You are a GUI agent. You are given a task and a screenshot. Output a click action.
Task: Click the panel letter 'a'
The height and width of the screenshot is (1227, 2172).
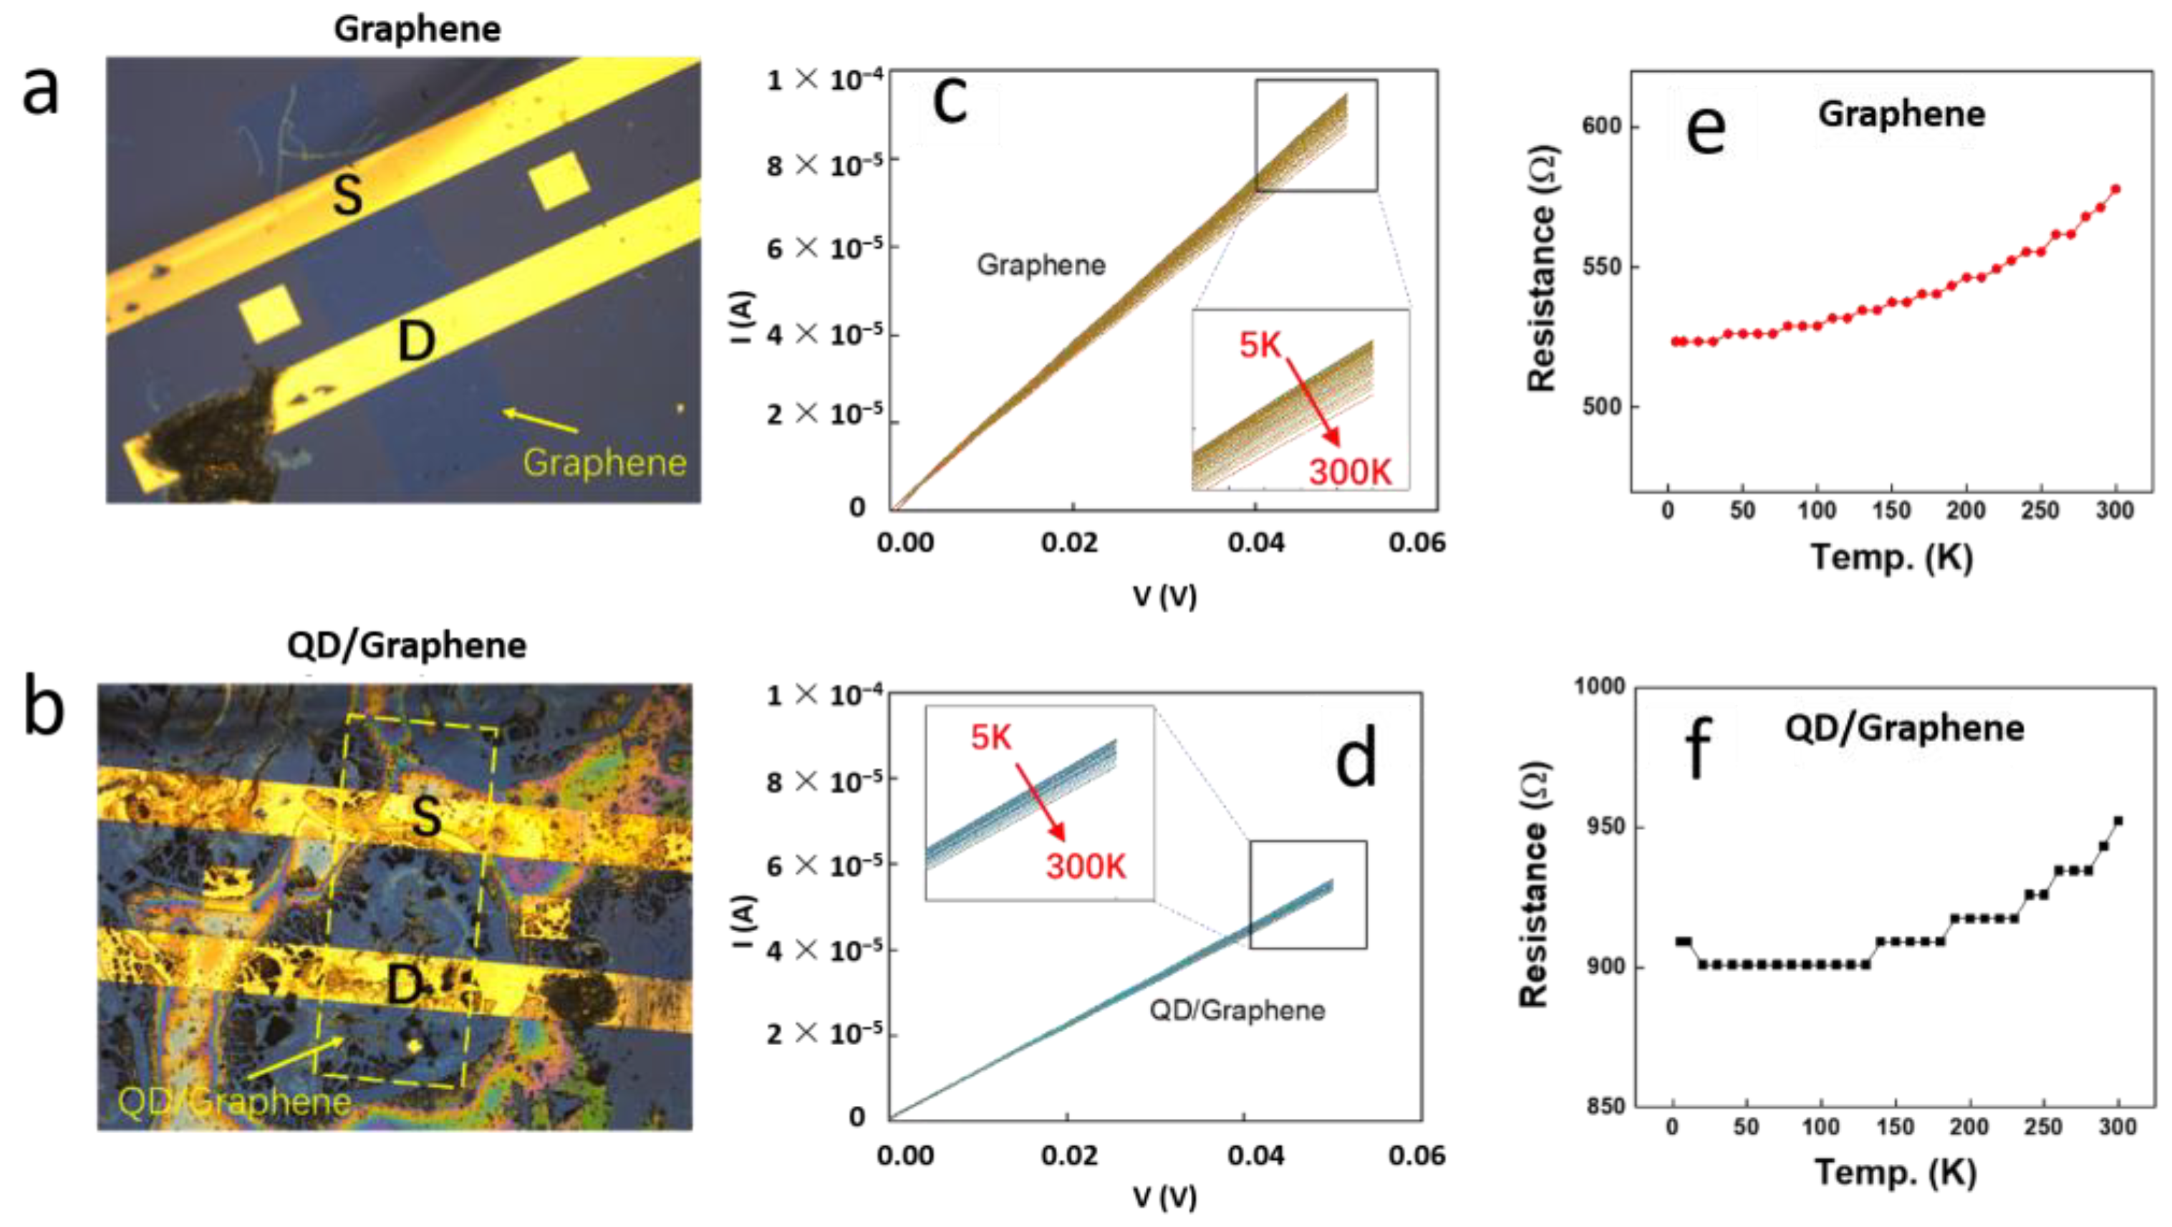pyautogui.click(x=41, y=91)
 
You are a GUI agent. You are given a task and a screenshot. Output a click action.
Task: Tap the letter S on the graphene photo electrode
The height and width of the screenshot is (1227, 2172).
pyautogui.click(x=347, y=194)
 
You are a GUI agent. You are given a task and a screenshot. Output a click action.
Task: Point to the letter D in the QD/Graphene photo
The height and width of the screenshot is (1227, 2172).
pyautogui.click(x=405, y=984)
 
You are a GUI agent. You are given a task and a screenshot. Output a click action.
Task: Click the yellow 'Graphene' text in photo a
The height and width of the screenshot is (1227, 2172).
pyautogui.click(x=604, y=462)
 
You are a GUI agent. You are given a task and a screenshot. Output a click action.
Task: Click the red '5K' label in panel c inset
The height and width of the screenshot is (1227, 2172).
pyautogui.click(x=1260, y=345)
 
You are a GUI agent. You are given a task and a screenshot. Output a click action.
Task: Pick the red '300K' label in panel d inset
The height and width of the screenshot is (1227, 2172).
pyautogui.click(x=1086, y=866)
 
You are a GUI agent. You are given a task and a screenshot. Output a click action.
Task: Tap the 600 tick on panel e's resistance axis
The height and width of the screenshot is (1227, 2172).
pyautogui.click(x=1602, y=127)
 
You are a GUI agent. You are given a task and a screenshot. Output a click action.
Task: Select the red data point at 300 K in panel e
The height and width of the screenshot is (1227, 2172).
pyautogui.click(x=2115, y=190)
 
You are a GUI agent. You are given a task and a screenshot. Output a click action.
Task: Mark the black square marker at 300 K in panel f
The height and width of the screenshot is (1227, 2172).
pyautogui.click(x=2117, y=821)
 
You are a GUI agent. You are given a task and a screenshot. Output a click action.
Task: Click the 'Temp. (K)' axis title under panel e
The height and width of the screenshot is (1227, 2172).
pyautogui.click(x=1891, y=557)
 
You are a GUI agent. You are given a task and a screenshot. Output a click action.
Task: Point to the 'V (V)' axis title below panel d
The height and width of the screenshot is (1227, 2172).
pyautogui.click(x=1164, y=1198)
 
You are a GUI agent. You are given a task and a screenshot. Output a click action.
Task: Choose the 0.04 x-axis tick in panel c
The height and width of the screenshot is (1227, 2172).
pyautogui.click(x=1255, y=542)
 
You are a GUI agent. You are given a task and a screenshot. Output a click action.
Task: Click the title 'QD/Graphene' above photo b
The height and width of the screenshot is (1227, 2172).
pyautogui.click(x=407, y=646)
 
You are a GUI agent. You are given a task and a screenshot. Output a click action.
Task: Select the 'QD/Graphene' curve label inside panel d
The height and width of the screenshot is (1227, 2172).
pyautogui.click(x=1237, y=1009)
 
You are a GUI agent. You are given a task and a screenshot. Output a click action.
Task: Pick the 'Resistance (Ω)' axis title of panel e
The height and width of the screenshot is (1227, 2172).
pyautogui.click(x=1542, y=268)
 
